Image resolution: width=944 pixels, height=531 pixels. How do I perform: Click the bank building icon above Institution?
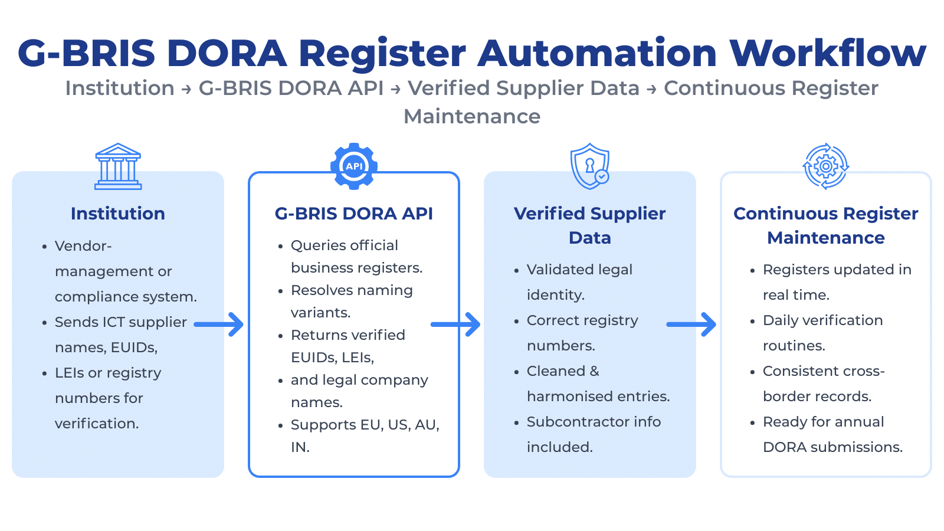[x=118, y=166]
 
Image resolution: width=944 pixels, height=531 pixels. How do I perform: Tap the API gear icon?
[x=354, y=166]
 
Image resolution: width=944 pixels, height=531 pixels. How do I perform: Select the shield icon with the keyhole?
[x=589, y=166]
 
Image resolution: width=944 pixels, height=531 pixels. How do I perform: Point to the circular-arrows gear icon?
[x=826, y=166]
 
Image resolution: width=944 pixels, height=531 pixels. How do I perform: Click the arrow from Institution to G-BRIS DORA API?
[x=219, y=324]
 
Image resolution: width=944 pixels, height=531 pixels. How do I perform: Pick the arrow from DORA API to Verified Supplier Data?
[x=455, y=324]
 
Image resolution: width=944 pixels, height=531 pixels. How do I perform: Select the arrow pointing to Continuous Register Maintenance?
[x=691, y=324]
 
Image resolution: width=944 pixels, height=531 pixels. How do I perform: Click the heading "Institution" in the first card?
[x=118, y=214]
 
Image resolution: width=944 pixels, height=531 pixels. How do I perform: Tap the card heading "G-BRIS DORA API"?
[x=354, y=214]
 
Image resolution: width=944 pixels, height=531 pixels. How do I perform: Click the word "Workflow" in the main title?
[x=828, y=53]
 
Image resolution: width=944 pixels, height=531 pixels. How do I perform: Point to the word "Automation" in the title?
[x=597, y=53]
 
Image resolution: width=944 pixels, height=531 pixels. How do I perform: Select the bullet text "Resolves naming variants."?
[x=352, y=301]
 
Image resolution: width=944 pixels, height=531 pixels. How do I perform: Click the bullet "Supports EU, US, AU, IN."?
[x=365, y=436]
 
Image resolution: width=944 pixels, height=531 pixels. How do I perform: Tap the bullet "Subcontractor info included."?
[x=594, y=434]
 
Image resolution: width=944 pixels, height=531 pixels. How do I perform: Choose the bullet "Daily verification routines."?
[x=822, y=333]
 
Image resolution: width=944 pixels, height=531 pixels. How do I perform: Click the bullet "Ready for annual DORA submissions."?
[x=832, y=434]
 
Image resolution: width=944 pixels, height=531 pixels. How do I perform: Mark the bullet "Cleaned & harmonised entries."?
[x=598, y=383]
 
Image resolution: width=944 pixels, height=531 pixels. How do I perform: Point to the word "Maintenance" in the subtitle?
[x=472, y=117]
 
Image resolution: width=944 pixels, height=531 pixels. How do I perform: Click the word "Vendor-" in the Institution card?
[x=83, y=246]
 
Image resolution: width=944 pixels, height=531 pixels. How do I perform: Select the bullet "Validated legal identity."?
[x=579, y=282]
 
